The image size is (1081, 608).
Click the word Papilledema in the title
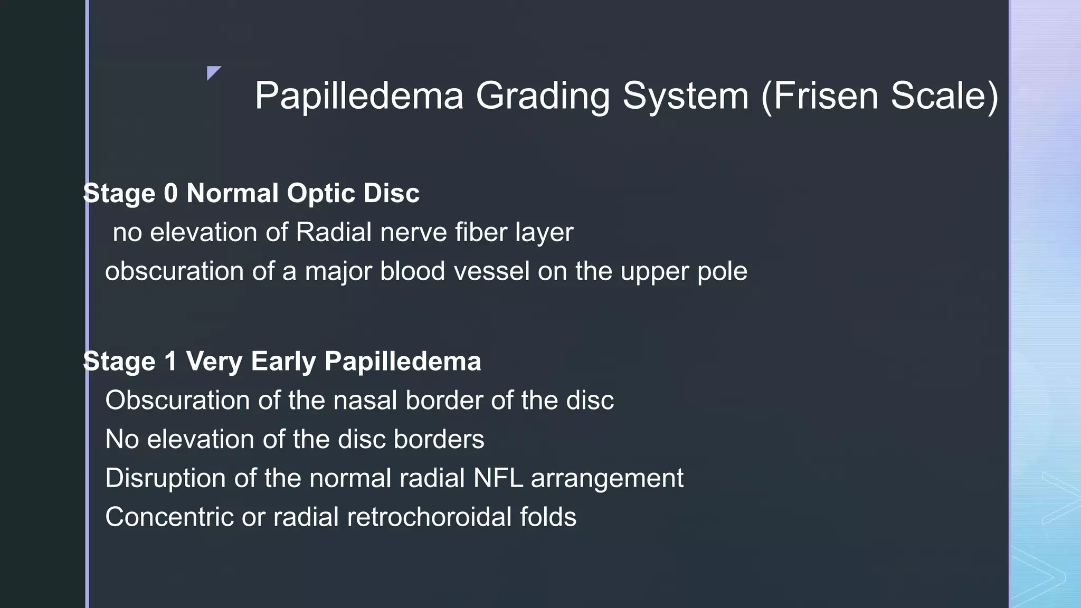coord(359,96)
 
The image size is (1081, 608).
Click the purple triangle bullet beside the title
coord(213,72)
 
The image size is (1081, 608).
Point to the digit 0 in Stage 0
coord(170,193)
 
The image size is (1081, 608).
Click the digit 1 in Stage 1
coord(170,362)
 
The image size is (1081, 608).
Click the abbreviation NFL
coord(498,478)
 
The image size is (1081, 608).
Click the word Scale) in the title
coord(945,96)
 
